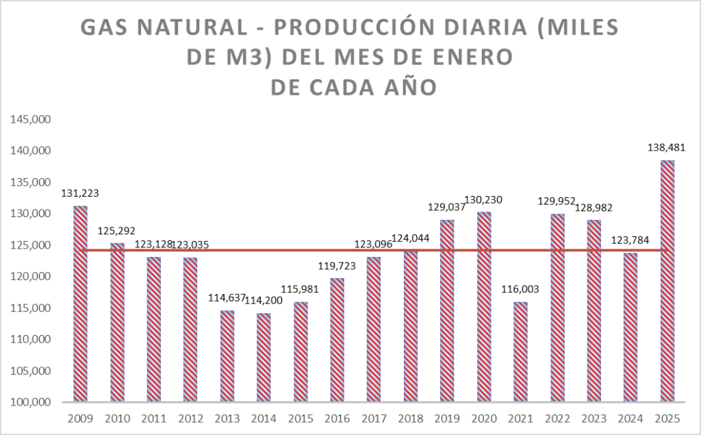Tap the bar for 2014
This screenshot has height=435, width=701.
pyautogui.click(x=264, y=357)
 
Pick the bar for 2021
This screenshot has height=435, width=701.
pyautogui.click(x=520, y=351)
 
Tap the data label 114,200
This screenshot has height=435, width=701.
pyautogui.click(x=264, y=301)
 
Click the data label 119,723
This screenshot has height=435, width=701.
pyautogui.click(x=337, y=265)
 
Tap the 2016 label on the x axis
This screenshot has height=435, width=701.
pyautogui.click(x=337, y=418)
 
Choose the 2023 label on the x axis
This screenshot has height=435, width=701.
pyautogui.click(x=594, y=418)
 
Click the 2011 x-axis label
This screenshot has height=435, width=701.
pyautogui.click(x=153, y=418)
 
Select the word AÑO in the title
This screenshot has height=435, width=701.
pyautogui.click(x=405, y=88)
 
